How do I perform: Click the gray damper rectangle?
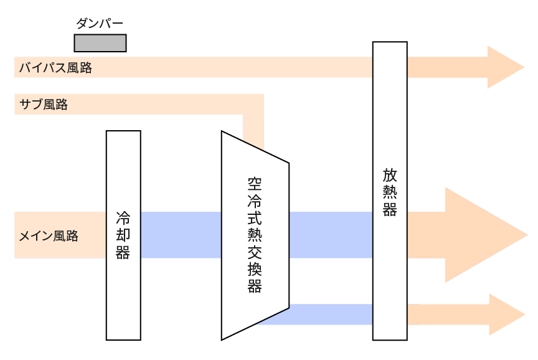pos(100,42)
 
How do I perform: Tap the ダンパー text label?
pos(100,24)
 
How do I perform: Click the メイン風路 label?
pos(49,236)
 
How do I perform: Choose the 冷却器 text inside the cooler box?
pos(123,235)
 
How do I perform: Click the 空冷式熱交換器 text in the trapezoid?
pos(254,235)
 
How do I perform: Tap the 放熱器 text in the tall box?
pos(390,191)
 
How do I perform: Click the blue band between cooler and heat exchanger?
pos(181,235)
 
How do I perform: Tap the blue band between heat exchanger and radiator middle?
pos(331,235)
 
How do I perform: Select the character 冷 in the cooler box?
pos(123,219)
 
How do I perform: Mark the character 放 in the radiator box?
pos(390,174)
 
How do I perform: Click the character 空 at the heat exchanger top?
pos(254,184)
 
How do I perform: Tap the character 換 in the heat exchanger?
pos(254,269)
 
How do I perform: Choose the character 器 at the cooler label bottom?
pos(123,252)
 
